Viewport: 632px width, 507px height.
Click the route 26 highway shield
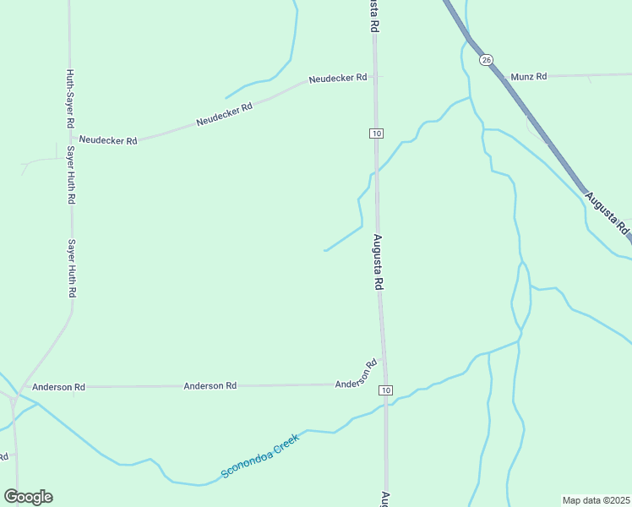485,59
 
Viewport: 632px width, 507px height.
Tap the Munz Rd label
529,77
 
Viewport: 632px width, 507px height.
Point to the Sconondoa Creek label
260,456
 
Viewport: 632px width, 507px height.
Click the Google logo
28,497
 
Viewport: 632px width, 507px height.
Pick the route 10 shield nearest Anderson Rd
385,390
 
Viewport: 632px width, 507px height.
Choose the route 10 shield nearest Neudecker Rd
376,134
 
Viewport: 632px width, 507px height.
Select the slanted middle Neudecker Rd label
225,115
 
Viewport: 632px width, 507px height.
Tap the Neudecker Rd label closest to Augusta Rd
338,78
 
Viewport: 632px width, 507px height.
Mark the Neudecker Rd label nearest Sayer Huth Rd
108,140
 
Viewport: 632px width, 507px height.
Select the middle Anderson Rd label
210,386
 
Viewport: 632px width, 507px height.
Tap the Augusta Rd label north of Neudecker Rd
373,17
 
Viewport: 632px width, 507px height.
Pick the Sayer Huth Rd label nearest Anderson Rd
73,268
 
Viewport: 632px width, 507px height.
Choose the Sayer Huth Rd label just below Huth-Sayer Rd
71,177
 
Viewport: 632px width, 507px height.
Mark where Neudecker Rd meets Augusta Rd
375,77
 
